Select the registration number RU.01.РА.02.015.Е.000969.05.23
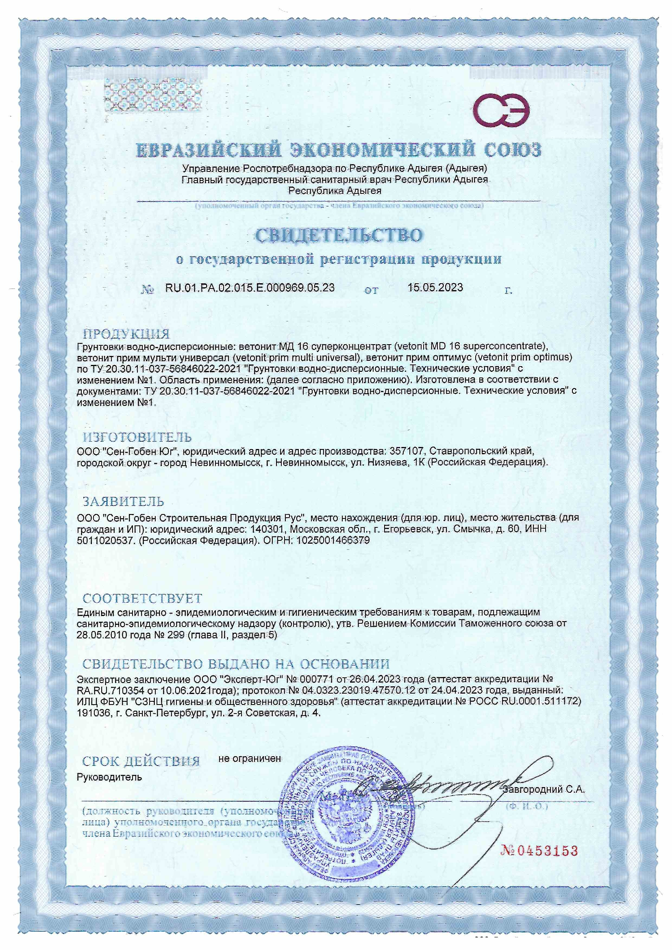[250, 288]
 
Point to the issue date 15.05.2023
[435, 288]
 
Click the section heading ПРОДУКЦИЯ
[126, 334]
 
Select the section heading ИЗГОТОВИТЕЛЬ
[137, 437]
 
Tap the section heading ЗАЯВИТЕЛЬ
[124, 501]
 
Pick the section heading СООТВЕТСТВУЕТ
[142, 598]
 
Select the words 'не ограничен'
[250, 759]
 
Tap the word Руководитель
[109, 777]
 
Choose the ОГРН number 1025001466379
[333, 540]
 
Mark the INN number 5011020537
[104, 540]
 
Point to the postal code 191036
[93, 724]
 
